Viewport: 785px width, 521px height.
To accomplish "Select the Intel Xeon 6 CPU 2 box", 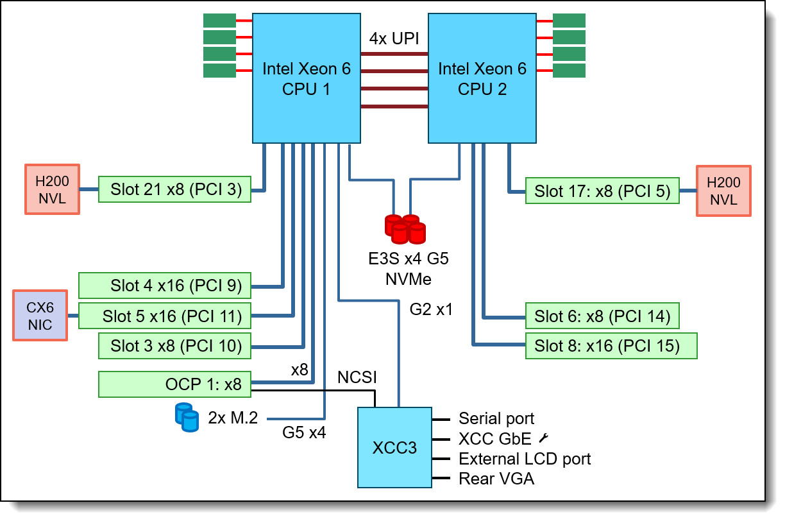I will coord(482,78).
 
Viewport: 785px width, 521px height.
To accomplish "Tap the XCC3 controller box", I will coord(394,447).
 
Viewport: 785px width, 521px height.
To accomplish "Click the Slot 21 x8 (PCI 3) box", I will coord(174,189).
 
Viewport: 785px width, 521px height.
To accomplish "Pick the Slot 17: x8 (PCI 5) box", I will coord(602,191).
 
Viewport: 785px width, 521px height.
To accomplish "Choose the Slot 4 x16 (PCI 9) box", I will coord(164,286).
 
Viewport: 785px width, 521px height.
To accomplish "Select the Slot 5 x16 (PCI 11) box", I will coord(164,316).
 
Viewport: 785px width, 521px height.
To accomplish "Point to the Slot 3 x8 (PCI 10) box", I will coord(174,346).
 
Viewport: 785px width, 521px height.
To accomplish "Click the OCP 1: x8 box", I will coord(174,384).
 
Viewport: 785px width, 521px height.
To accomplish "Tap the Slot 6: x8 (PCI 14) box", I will coord(602,316).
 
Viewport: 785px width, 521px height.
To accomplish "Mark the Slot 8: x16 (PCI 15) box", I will coord(611,346).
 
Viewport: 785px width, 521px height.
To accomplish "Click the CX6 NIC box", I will coord(40,315).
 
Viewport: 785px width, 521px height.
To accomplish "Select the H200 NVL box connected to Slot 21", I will coord(52,190).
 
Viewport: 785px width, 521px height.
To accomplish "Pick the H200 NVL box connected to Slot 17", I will coord(723,191).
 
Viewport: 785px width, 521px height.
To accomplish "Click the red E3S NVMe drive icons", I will coord(405,229).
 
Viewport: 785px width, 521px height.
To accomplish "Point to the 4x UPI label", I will coord(394,38).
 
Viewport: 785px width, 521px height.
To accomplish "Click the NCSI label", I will coord(357,377).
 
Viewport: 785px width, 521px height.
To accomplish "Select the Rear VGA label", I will coord(496,478).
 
